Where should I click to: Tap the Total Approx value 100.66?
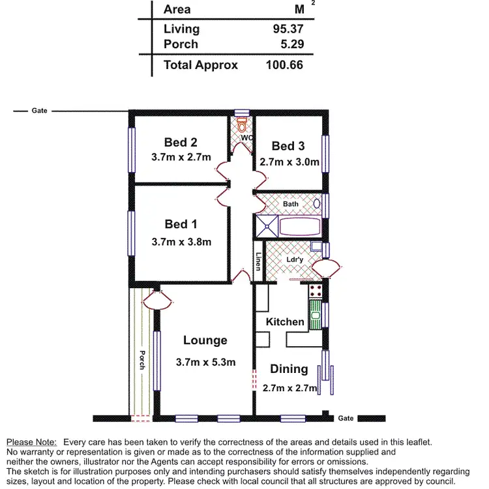[x=284, y=65]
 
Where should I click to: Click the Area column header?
[x=177, y=9]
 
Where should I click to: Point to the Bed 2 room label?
[x=181, y=142]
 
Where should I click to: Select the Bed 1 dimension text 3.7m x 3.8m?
[x=181, y=242]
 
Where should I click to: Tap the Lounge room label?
[x=205, y=340]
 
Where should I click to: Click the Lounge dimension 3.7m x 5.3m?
[x=205, y=362]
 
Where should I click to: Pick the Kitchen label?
[x=285, y=321]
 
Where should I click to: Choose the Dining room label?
[x=289, y=369]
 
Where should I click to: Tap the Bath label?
[x=291, y=204]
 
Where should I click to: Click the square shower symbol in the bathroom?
[x=267, y=226]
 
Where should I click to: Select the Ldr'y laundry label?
[x=295, y=259]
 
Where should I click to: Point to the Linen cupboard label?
[x=259, y=261]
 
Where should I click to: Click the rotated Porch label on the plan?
[x=141, y=360]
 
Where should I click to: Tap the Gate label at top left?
[x=39, y=111]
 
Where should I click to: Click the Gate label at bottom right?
[x=346, y=418]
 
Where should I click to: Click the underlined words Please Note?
[x=31, y=442]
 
